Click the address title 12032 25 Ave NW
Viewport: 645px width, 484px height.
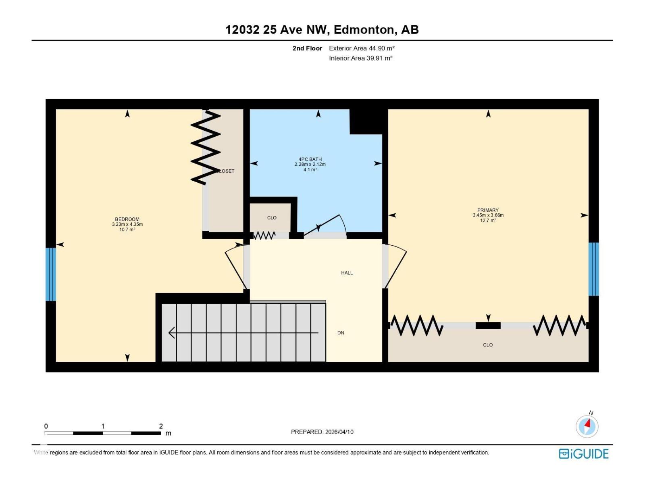322,30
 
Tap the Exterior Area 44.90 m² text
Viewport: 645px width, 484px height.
362,48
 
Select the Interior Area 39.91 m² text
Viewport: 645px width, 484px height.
360,58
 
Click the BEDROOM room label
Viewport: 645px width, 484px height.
127,219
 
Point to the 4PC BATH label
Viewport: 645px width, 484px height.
310,160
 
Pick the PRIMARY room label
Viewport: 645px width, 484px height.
488,210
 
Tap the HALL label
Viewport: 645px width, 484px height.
347,273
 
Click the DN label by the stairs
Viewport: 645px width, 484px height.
341,333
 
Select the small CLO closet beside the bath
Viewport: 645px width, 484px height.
271,218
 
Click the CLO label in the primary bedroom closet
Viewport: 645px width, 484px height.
488,345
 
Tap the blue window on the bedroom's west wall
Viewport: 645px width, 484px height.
50,274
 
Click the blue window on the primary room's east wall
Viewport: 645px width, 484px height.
593,269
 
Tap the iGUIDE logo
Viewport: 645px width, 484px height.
583,454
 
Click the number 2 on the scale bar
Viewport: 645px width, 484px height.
161,426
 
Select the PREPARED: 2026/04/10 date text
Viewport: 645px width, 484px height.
322,432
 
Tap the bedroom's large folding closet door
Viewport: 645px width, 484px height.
206,147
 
